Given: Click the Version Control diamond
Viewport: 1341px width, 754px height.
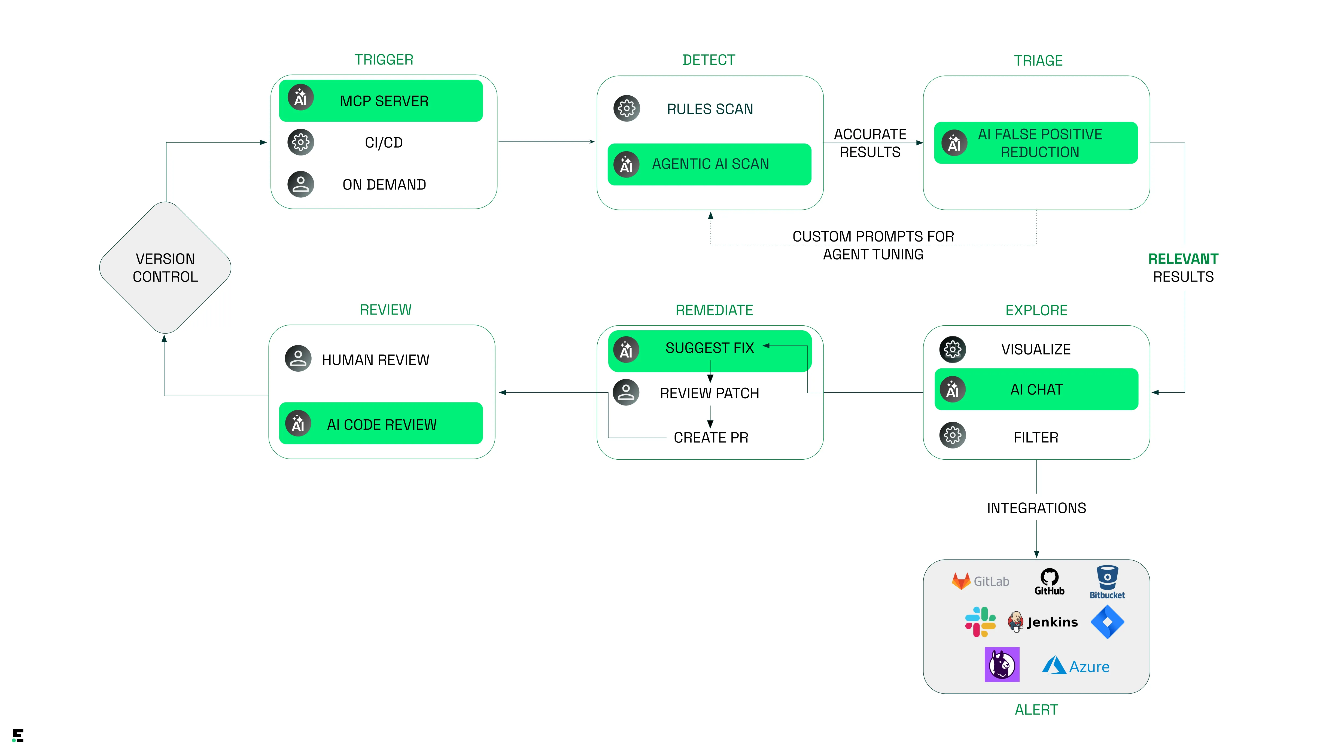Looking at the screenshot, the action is (x=165, y=267).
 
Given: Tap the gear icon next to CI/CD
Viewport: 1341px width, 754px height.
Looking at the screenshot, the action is (x=300, y=142).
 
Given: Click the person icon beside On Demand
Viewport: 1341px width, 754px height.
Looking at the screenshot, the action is (x=300, y=184).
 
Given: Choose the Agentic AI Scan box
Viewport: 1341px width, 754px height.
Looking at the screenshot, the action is (x=709, y=164).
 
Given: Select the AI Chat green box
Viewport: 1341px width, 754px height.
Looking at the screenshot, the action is (x=1036, y=389).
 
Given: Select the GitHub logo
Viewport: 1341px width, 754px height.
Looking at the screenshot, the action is (x=1049, y=582).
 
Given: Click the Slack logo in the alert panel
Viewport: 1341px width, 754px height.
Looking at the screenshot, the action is (x=980, y=622).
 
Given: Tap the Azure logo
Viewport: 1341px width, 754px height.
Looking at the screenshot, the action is (x=1075, y=666).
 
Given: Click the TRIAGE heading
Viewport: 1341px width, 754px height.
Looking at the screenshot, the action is (x=1038, y=61).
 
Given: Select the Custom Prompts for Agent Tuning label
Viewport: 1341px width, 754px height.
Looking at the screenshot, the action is (x=873, y=245).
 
